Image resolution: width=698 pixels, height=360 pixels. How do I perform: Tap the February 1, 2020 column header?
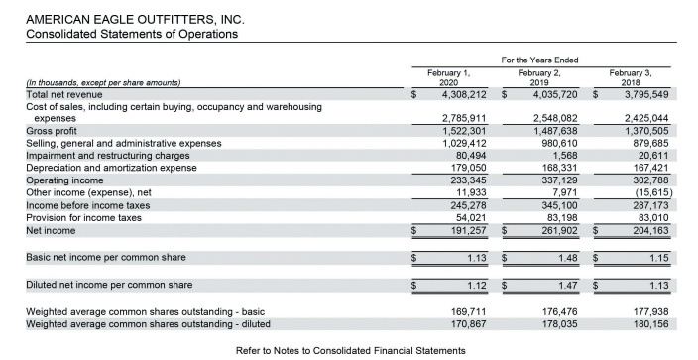pos(448,78)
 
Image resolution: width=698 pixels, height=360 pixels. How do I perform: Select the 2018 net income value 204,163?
pos(647,231)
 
